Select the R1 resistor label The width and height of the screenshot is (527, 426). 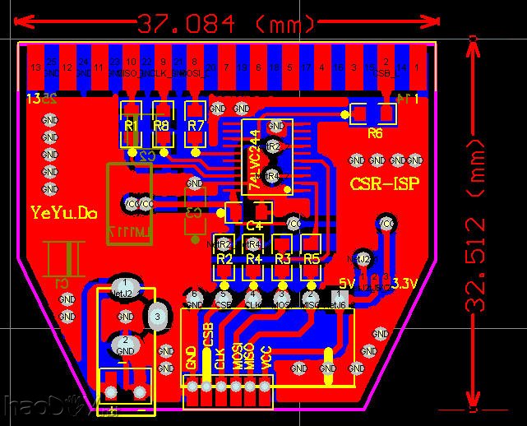pos(131,125)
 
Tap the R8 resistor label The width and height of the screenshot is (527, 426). pos(161,125)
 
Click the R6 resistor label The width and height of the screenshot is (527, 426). pos(375,132)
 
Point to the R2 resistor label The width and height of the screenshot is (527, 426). pos(224,258)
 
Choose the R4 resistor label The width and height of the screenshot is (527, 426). pos(253,258)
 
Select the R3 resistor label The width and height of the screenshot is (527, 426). pos(282,258)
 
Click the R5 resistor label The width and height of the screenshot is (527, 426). pos(311,258)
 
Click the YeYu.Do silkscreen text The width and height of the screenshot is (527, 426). pos(64,213)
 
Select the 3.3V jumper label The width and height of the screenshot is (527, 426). pos(404,284)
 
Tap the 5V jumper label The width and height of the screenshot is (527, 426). pos(345,284)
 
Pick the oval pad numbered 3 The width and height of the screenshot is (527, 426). pos(156,315)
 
